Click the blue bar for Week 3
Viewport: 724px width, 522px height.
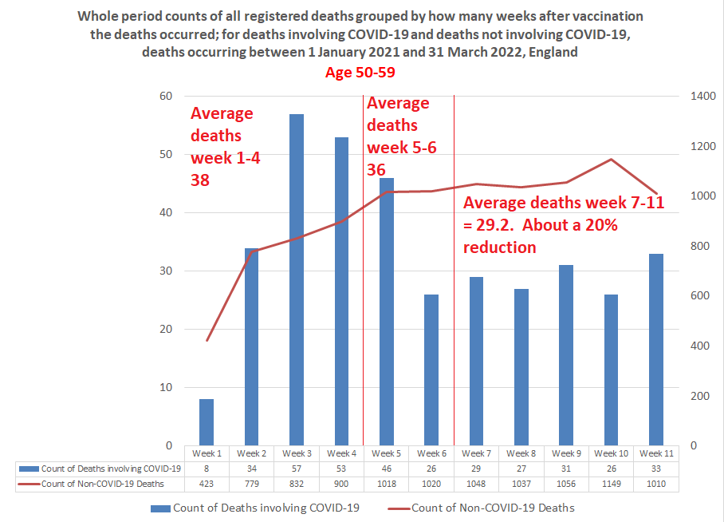(x=297, y=279)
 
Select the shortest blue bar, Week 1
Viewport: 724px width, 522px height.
(x=207, y=422)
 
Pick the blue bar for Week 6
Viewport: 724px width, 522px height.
(x=431, y=370)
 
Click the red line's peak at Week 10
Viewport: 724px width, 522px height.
(x=612, y=159)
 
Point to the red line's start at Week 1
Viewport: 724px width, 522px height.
(x=207, y=340)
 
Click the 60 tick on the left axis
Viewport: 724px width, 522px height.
(x=166, y=97)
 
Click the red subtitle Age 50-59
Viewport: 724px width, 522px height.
(x=361, y=73)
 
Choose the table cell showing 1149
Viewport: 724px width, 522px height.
(x=612, y=484)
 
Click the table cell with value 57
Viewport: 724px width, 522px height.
(x=297, y=469)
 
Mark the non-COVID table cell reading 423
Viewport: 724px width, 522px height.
(x=207, y=484)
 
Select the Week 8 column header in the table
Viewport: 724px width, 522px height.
(x=521, y=453)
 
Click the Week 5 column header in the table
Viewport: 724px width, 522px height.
(x=387, y=453)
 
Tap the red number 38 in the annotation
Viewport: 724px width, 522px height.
(x=200, y=180)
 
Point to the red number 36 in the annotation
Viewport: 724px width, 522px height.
(x=376, y=170)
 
